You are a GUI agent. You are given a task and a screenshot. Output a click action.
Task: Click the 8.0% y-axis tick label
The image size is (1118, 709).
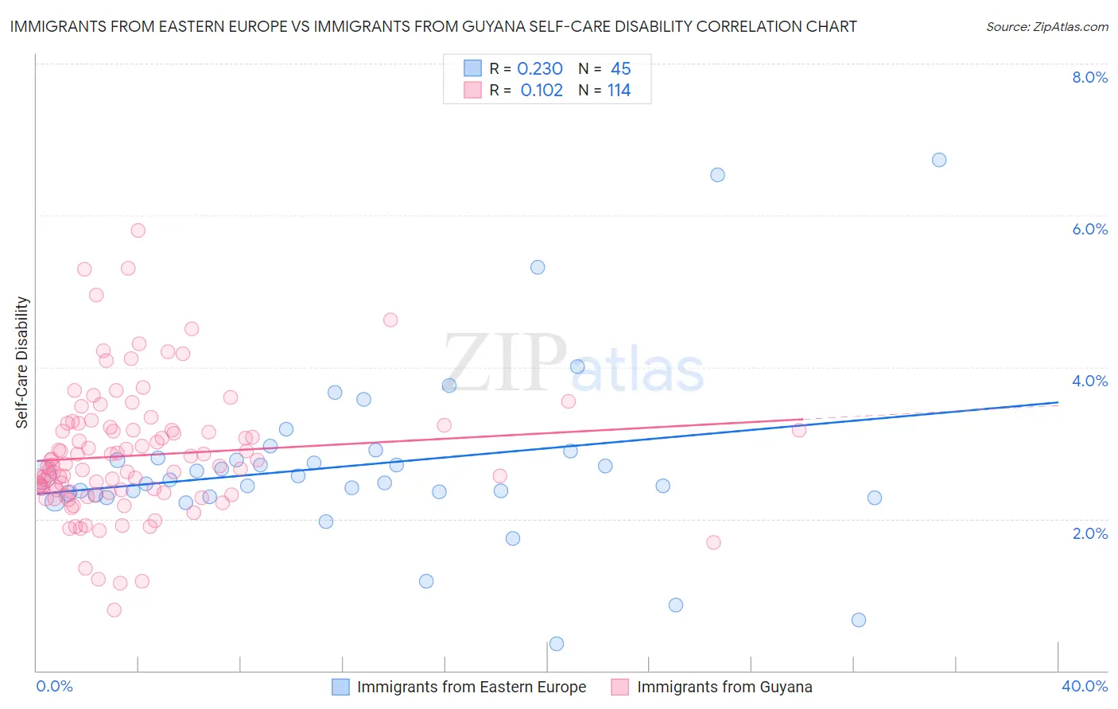point(1089,77)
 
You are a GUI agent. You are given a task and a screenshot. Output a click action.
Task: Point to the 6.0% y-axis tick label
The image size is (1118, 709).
point(1089,229)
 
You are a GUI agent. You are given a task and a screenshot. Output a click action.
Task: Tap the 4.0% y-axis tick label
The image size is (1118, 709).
point(1089,381)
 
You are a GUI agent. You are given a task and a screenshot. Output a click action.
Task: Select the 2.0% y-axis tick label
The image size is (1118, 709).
point(1089,533)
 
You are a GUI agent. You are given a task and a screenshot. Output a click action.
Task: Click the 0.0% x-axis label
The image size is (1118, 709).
point(54,686)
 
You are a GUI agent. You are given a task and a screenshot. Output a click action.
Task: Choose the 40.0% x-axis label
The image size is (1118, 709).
point(1085,686)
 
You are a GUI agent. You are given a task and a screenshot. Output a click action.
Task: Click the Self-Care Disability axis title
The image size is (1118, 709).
point(22,362)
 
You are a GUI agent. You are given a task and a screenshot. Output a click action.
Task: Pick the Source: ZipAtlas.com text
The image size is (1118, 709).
point(1046,26)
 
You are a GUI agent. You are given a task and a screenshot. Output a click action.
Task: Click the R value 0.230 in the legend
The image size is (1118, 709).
point(540,69)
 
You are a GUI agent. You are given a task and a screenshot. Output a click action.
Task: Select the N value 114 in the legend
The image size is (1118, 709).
point(619,91)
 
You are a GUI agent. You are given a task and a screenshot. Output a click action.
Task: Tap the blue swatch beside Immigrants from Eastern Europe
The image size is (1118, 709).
point(340,687)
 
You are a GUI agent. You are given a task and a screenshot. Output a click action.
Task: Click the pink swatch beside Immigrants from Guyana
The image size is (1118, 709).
point(620,687)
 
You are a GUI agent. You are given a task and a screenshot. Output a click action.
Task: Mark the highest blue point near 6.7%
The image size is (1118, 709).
point(939,160)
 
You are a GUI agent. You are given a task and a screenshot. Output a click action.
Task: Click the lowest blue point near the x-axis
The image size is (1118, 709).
point(557,644)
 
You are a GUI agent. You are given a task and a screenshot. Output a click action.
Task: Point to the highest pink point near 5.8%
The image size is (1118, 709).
point(138,231)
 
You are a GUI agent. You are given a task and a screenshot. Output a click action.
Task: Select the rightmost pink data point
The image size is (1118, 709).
point(799,430)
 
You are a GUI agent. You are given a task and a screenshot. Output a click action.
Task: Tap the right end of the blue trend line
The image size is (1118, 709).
point(1058,402)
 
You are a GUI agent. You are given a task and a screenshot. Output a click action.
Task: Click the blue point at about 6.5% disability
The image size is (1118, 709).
point(717,175)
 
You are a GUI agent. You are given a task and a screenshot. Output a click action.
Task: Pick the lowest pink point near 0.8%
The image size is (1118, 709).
point(115,610)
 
